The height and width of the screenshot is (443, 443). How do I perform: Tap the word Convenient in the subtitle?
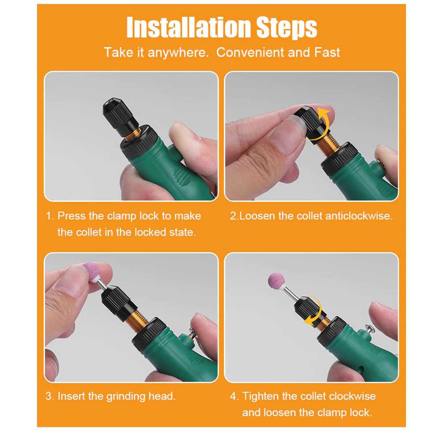click(x=250, y=52)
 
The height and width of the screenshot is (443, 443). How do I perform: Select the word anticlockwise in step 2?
click(x=358, y=216)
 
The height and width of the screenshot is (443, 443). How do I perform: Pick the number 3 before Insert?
click(x=48, y=396)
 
